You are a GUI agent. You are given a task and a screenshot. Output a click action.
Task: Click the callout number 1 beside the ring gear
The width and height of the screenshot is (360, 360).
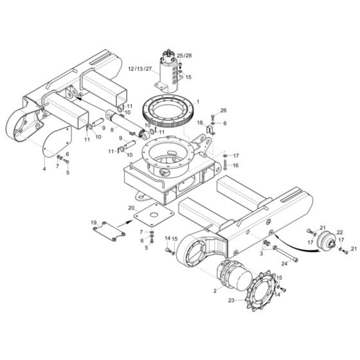click(x=198, y=102)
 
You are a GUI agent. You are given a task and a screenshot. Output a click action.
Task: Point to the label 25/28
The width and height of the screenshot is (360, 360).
click(x=184, y=56)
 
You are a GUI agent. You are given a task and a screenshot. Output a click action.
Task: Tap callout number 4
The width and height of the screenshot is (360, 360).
click(x=44, y=169)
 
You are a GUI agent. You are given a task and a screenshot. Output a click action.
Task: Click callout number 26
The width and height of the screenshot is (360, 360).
click(x=224, y=110)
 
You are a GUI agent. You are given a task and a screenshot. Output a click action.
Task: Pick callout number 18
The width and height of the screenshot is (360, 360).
click(x=200, y=122)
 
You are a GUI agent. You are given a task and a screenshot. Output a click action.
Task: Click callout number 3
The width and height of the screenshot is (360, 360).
click(x=260, y=255)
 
